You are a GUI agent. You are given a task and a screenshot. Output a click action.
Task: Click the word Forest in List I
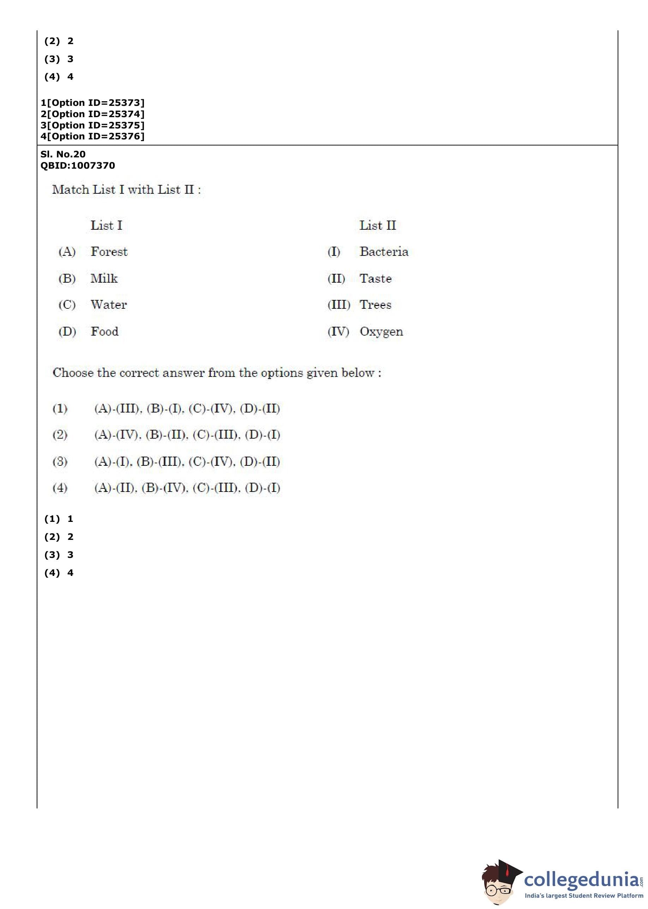[x=109, y=252]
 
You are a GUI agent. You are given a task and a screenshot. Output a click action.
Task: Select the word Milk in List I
[x=104, y=278]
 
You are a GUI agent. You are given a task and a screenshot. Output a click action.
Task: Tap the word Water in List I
[x=109, y=305]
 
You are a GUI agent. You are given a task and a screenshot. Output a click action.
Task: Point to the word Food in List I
[x=104, y=331]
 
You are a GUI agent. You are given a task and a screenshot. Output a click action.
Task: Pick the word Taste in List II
[x=376, y=278]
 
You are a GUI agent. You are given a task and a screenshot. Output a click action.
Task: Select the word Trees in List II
[x=375, y=305]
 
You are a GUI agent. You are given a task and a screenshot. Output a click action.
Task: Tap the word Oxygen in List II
[x=381, y=332]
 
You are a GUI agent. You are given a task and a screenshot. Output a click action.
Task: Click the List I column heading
[x=106, y=225]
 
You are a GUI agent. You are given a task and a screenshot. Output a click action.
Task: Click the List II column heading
[x=377, y=225]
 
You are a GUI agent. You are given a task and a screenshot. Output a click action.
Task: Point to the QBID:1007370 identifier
[x=78, y=165]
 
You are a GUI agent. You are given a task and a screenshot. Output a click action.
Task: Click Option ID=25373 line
[x=92, y=103]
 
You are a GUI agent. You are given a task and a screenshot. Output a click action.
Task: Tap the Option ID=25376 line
[x=92, y=137]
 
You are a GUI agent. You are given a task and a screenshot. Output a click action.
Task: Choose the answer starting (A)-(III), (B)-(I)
[x=187, y=408]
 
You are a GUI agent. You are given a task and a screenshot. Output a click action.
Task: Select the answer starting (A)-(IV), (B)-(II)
[x=187, y=435]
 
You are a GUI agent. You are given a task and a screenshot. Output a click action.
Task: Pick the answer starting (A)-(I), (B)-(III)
[x=187, y=462]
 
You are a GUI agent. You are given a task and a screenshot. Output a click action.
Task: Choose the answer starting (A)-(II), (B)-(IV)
[x=187, y=488]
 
